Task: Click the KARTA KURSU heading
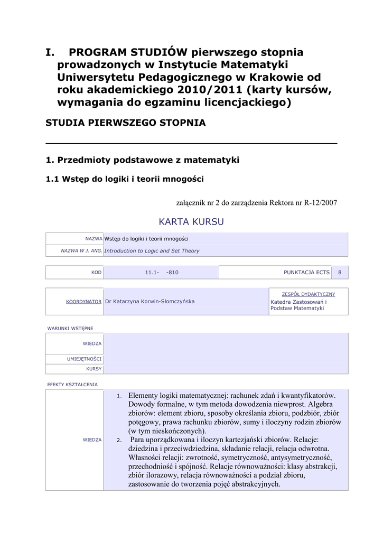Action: click(x=191, y=221)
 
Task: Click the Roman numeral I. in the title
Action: click(x=51, y=53)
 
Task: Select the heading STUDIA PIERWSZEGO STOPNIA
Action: click(x=126, y=123)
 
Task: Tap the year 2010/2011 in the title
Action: click(x=214, y=89)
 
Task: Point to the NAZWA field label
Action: click(x=94, y=239)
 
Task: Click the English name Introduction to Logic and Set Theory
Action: click(x=152, y=251)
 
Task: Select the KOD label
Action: click(x=96, y=273)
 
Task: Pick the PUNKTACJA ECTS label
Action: click(x=306, y=273)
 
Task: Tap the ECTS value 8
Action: click(x=340, y=273)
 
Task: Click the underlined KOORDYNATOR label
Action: click(x=83, y=301)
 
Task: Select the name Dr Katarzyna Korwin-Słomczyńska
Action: click(x=150, y=301)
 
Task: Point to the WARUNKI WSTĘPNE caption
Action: click(x=70, y=328)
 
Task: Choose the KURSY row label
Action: click(x=94, y=369)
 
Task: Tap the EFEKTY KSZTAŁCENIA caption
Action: click(x=72, y=384)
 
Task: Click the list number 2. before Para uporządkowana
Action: click(x=119, y=440)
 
